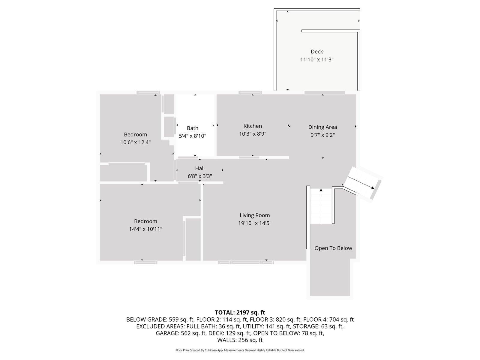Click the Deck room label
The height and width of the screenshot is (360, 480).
click(317, 52)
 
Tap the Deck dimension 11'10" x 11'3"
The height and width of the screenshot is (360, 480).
click(317, 59)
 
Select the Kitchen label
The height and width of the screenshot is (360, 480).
click(253, 126)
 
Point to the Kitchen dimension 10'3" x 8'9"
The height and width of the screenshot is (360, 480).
click(253, 134)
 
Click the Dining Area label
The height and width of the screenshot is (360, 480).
click(322, 127)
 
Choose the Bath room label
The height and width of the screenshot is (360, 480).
click(192, 128)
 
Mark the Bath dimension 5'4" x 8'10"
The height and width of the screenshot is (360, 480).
click(192, 136)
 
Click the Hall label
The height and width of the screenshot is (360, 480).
click(200, 168)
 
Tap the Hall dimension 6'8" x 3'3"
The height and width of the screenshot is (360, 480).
click(200, 176)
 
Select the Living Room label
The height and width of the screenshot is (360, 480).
click(255, 215)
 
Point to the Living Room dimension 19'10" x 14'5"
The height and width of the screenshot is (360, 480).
click(255, 223)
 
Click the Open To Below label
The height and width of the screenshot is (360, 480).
click(333, 248)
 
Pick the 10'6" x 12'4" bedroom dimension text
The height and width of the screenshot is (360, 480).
click(135, 142)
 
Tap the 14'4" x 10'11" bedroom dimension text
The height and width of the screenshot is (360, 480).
click(145, 229)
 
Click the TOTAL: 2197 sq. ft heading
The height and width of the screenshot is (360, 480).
click(240, 312)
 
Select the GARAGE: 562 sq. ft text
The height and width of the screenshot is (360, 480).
click(181, 333)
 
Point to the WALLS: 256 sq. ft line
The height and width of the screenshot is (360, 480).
click(240, 340)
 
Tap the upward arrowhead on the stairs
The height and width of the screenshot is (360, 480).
click(321, 190)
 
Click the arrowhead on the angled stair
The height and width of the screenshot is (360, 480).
click(372, 188)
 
